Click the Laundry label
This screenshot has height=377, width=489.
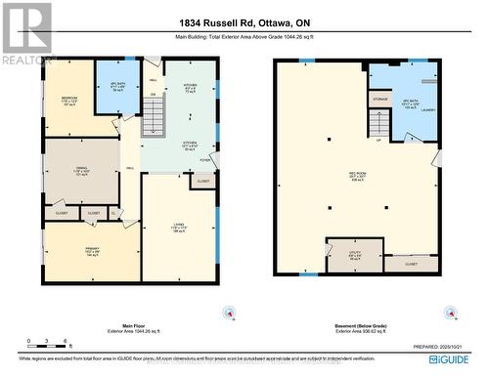point(426,109)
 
